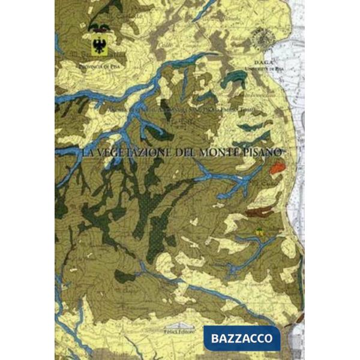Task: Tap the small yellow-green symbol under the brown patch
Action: coord(260,231)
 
